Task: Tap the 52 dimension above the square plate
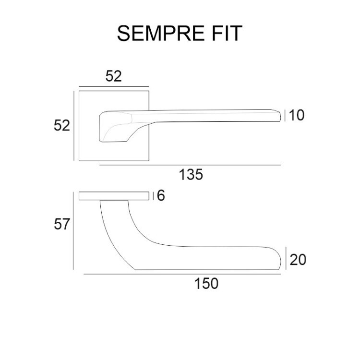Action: click(114, 76)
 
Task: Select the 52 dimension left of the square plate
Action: click(61, 125)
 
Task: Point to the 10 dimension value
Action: click(297, 115)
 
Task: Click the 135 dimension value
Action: click(191, 175)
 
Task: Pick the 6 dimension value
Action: click(160, 196)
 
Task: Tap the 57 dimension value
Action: click(62, 224)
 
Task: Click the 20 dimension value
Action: click(298, 260)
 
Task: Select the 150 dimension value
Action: click(206, 284)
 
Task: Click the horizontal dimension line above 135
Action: click(190, 165)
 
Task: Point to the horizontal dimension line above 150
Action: click(182, 274)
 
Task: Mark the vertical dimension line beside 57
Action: click(73, 230)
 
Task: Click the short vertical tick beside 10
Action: click(286, 116)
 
